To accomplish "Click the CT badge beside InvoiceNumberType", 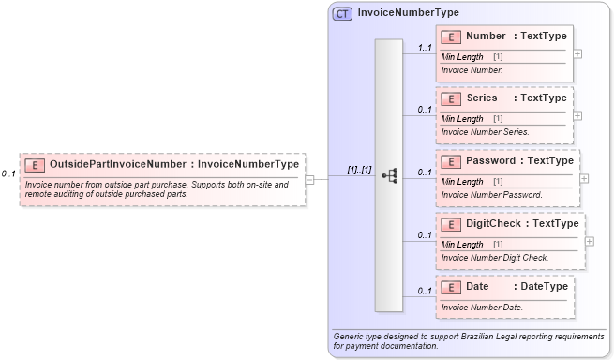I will point(342,13).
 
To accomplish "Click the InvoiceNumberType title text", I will point(408,13).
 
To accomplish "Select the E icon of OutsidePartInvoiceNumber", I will point(34,164).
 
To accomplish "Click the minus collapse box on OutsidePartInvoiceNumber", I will point(310,179).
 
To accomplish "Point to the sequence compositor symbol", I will point(389,175).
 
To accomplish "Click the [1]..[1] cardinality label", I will point(359,170).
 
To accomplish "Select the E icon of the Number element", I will point(451,37).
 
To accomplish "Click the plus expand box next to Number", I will point(577,53).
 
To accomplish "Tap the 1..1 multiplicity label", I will point(424,48).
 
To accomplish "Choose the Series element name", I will point(483,98).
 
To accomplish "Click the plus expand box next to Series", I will point(577,115).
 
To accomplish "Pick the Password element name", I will point(490,160).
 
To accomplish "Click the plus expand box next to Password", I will point(584,177).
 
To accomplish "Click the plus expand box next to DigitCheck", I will point(590,240).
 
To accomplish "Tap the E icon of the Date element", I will point(451,286).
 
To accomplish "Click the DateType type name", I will point(544,286).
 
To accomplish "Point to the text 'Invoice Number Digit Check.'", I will point(494,257).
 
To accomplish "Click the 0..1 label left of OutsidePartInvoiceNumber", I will point(7,173).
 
